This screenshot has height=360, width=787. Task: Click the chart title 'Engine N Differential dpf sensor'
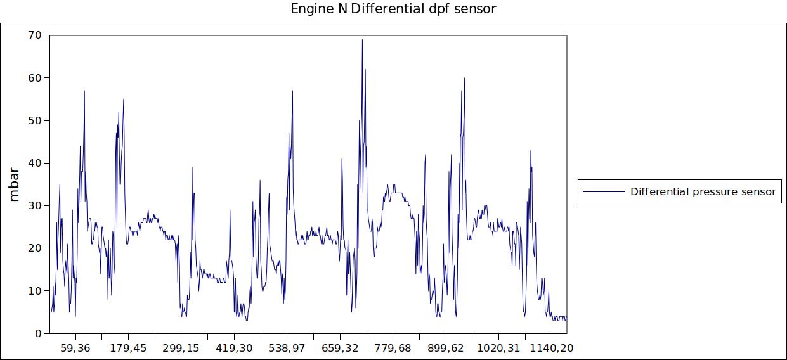[x=393, y=9]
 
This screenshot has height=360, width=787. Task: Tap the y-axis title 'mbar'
[x=15, y=184]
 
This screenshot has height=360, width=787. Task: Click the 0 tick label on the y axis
[x=37, y=333]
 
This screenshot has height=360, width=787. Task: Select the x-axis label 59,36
[x=75, y=348]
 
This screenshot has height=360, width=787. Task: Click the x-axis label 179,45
[x=128, y=348]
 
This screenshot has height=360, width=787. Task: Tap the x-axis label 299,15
[x=181, y=348]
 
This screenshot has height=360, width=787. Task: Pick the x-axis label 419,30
[x=234, y=348]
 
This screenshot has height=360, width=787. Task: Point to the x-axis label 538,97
[x=287, y=348]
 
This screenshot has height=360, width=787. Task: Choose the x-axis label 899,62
[x=446, y=348]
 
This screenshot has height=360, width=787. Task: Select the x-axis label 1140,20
[x=552, y=348]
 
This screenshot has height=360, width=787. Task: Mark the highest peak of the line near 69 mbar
[x=362, y=40]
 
